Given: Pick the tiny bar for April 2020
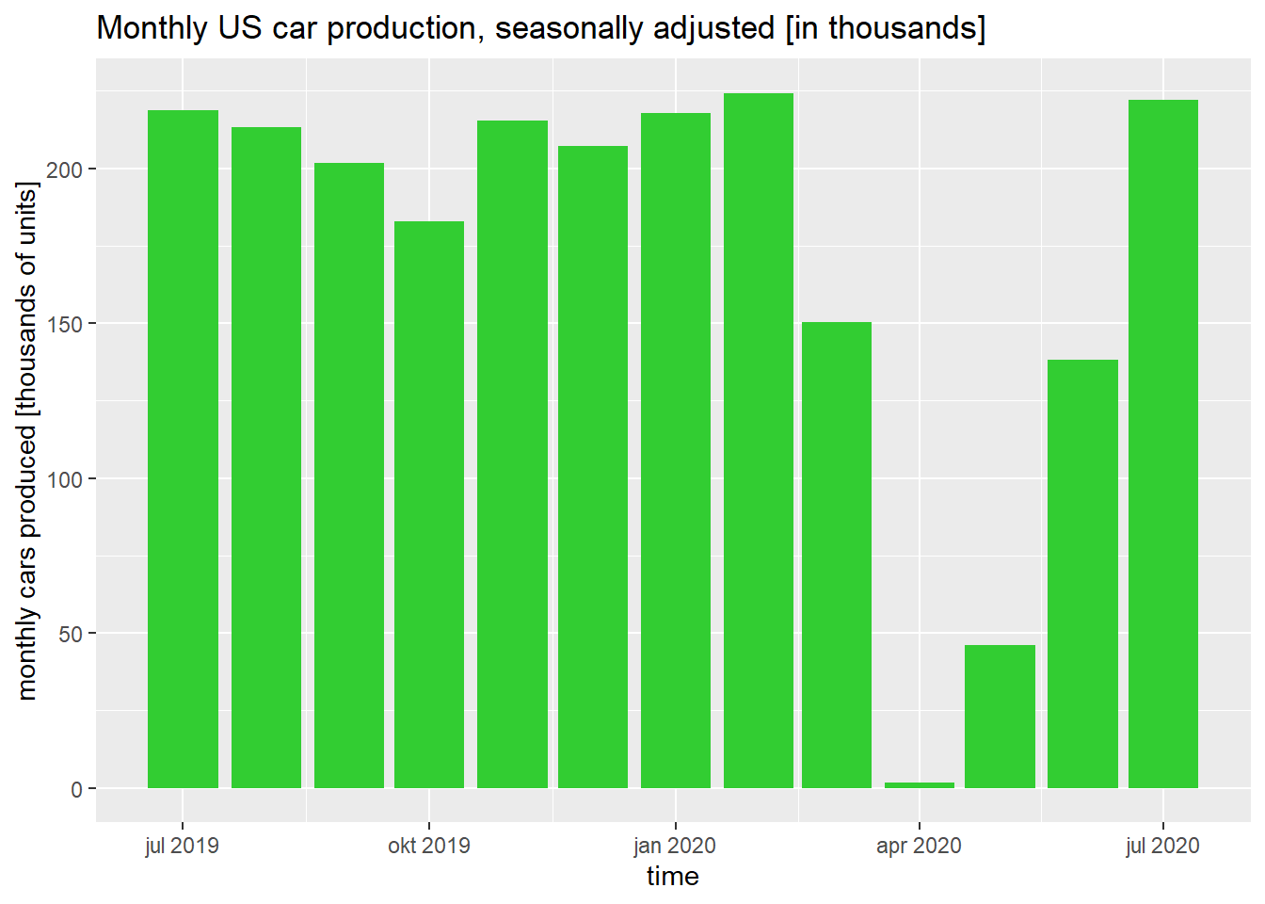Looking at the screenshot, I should click(x=920, y=785).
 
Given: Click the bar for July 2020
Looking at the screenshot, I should click(x=1163, y=444).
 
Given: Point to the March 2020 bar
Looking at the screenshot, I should click(x=837, y=555).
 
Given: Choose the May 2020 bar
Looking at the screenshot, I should click(x=1000, y=717).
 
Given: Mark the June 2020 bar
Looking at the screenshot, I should click(x=1082, y=573).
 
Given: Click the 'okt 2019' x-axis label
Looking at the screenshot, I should click(x=429, y=846).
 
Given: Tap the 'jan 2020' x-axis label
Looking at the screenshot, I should click(x=675, y=846).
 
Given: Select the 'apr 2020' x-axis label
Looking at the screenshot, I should click(x=919, y=846).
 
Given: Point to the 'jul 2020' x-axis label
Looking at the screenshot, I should click(x=1162, y=846).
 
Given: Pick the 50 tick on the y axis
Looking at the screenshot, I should click(x=71, y=634).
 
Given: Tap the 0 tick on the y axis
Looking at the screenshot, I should click(x=77, y=789).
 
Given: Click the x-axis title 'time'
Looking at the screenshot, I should click(x=672, y=877).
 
